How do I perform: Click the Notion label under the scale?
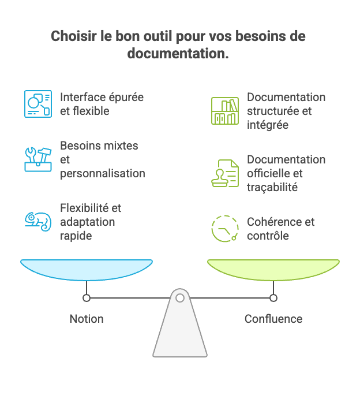click(87, 319)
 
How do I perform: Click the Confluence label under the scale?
click(273, 319)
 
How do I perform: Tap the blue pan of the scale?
click(87, 269)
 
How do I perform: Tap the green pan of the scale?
click(273, 269)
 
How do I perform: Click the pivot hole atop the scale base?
click(180, 298)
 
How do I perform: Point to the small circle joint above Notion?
click(87, 298)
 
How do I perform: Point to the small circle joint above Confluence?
click(273, 298)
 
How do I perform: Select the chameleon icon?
click(38, 222)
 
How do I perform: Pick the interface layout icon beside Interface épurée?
click(38, 104)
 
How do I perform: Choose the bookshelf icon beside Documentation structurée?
click(224, 111)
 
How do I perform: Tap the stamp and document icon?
click(224, 173)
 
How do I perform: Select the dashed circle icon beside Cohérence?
click(224, 229)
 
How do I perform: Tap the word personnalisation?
click(103, 173)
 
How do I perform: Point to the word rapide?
click(77, 236)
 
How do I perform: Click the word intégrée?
click(268, 125)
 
